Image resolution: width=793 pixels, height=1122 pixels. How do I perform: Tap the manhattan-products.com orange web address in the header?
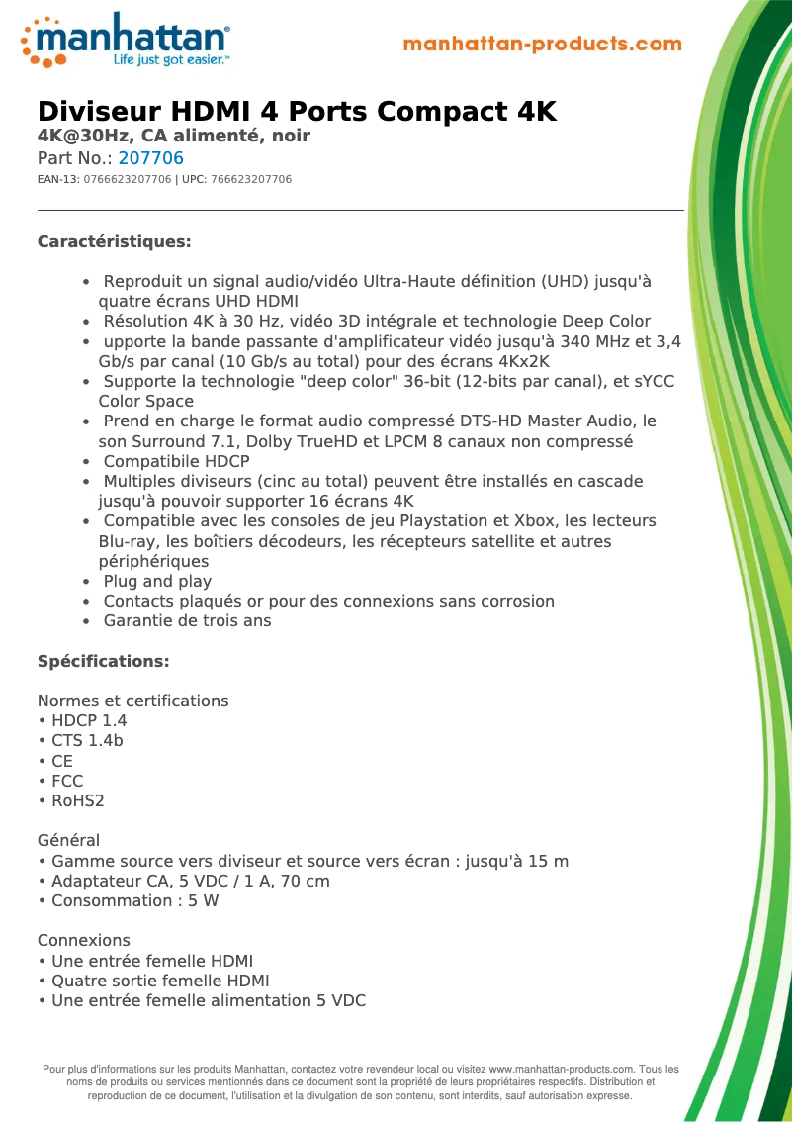542,45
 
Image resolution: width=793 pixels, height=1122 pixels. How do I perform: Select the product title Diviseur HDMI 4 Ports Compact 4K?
297,112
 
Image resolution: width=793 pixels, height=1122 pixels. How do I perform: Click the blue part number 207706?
150,158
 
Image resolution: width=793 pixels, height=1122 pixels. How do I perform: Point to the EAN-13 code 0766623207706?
128,180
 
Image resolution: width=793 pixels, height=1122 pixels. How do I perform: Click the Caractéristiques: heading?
114,242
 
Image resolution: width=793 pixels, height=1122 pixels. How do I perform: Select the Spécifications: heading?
103,661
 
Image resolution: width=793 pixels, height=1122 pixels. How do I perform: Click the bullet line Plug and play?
157,581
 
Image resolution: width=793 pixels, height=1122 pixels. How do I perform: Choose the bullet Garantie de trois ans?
187,621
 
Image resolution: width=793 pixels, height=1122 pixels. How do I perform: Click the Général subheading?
68,840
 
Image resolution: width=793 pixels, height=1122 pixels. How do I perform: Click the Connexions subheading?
83,940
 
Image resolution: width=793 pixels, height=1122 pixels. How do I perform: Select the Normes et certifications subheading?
132,701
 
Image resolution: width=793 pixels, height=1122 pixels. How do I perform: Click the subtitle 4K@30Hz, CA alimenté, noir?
174,136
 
